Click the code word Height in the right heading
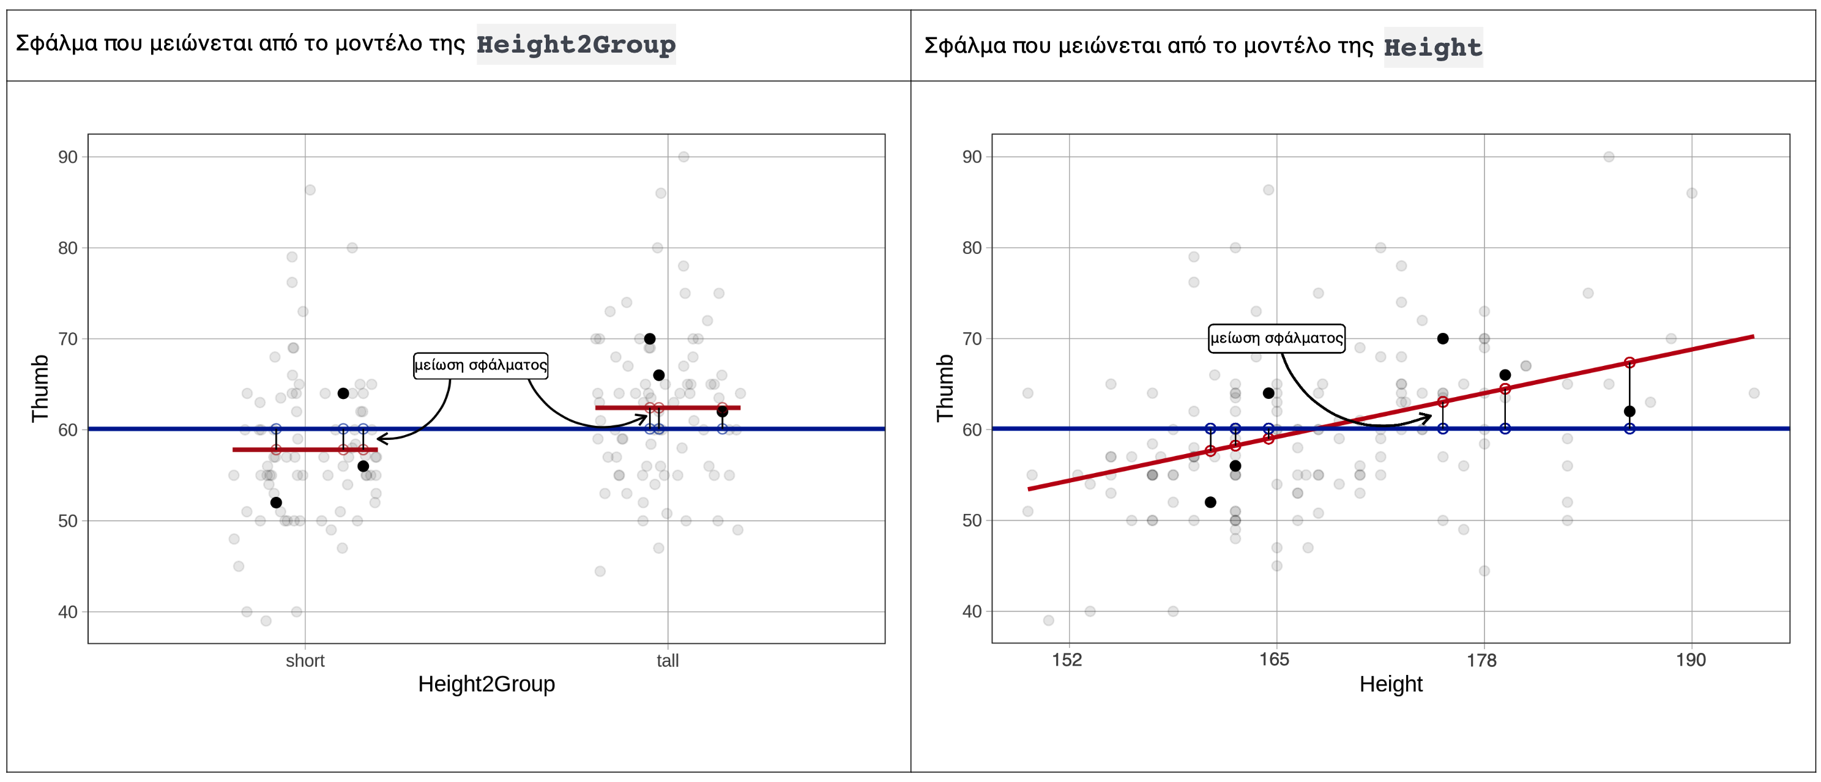1432,47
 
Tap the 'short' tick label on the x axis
305,660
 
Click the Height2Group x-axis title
486,683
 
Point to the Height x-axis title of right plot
1390,683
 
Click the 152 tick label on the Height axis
1067,660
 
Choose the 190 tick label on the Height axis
1690,660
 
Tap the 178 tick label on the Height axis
1481,660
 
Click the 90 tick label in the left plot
68,157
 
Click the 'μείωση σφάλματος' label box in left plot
480,365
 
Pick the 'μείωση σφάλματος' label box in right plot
1276,338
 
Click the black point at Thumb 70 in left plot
650,338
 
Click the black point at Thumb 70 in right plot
1443,338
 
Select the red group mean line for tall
693,408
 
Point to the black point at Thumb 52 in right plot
1210,502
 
